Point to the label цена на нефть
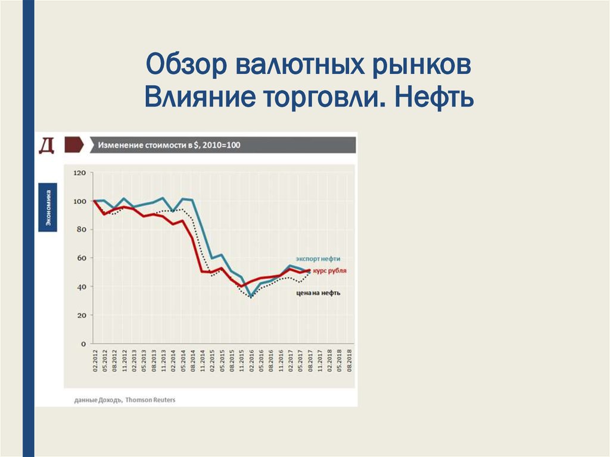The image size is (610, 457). coord(318,293)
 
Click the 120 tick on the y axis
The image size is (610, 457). coord(80,173)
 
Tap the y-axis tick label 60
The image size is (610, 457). coord(82,258)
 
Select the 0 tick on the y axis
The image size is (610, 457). coord(85,344)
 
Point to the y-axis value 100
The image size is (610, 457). coord(80,201)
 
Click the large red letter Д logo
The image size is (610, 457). coord(46,145)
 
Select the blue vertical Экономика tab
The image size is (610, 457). coord(48,207)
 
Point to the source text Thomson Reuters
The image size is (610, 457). coord(151,400)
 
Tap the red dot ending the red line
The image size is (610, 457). coord(309,271)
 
